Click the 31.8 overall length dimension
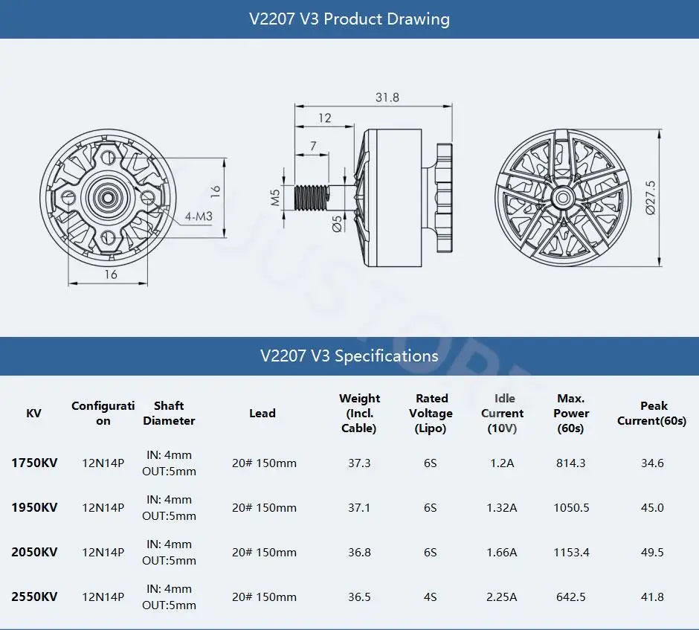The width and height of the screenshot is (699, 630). coord(387,97)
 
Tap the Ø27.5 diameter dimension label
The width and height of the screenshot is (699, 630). coord(651,197)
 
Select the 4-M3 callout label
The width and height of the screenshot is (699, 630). coord(199,216)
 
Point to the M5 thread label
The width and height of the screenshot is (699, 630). coord(275,196)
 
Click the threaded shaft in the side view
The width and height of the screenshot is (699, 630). coord(312,197)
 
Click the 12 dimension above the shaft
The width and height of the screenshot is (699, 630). coord(325,118)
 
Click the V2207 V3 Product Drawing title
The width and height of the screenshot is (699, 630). coord(349,19)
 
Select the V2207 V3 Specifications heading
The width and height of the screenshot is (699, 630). coord(349,356)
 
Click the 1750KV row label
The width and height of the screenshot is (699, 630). coord(34,463)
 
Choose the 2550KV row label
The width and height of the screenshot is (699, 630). coord(34,597)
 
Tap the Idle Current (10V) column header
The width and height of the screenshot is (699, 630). coord(502,413)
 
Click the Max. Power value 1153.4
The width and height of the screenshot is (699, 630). coord(571,552)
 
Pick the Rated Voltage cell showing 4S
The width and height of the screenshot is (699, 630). coord(431,597)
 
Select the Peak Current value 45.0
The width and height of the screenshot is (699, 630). coord(651,507)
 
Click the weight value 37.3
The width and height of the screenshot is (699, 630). coord(359,463)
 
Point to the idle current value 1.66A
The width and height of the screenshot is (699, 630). coord(502,552)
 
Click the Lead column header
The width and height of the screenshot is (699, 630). coord(262,413)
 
